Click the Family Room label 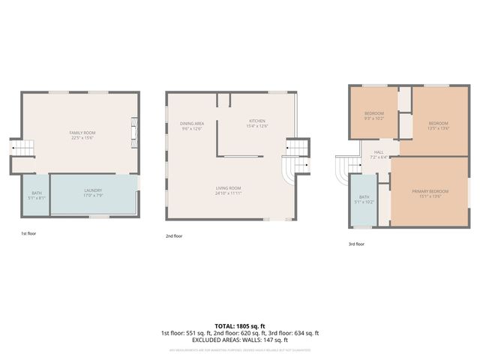click(x=82, y=135)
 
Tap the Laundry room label click(x=93, y=193)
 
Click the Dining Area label click(x=192, y=125)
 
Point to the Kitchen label click(x=257, y=123)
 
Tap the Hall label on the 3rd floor click(x=379, y=154)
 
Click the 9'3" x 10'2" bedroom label click(x=374, y=115)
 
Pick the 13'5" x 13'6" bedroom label click(x=438, y=125)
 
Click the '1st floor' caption click(x=28, y=234)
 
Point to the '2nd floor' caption click(x=175, y=235)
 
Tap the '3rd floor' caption click(x=357, y=244)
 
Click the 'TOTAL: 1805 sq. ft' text click(x=239, y=326)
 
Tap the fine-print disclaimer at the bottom click(x=239, y=349)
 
